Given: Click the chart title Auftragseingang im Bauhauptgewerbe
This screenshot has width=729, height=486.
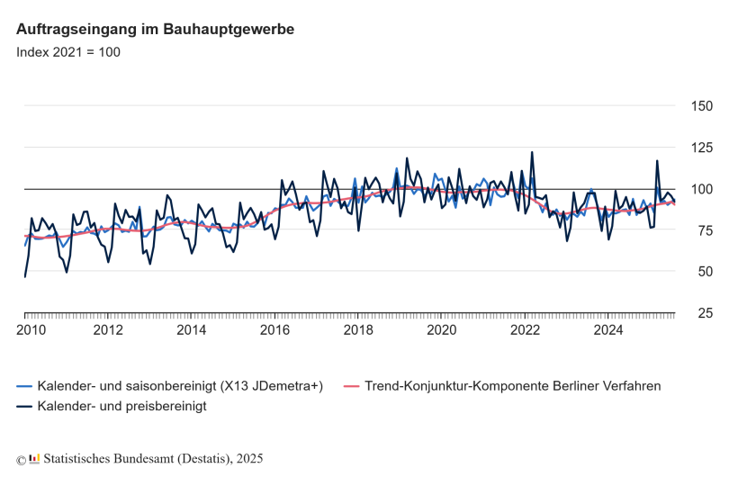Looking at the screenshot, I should [x=155, y=29].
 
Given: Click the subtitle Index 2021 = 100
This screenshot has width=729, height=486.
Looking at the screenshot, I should [x=68, y=51].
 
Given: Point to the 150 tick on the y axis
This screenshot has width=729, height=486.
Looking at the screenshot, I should [x=700, y=106].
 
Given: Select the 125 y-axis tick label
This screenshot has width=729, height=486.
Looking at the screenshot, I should [x=700, y=148].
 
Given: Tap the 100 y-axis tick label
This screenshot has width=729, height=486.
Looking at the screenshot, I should [x=700, y=189].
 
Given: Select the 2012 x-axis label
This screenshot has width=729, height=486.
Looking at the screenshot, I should [x=108, y=329].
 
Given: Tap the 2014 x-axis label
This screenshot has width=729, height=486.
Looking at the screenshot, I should [x=192, y=329].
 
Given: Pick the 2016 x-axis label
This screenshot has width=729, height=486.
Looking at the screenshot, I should [x=274, y=329].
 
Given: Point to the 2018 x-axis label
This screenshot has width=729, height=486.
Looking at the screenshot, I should [x=358, y=329].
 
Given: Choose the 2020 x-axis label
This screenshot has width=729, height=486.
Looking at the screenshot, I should [x=441, y=329].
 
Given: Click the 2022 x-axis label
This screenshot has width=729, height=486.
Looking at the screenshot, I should [x=525, y=329].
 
